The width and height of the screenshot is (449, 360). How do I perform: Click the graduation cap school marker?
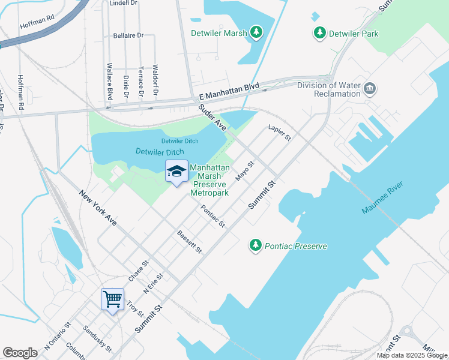point(176,172)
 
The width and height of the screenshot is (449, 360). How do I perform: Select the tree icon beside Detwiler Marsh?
point(257,32)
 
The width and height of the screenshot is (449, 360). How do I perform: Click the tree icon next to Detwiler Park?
point(319,33)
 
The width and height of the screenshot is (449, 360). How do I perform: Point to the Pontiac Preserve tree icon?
point(256,245)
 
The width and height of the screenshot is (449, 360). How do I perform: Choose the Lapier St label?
point(280,133)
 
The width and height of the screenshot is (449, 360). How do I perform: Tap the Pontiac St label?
point(213,217)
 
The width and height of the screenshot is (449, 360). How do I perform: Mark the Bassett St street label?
point(189,242)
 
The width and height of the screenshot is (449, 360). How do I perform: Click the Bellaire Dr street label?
point(128,35)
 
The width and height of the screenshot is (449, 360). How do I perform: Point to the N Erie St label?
point(153,283)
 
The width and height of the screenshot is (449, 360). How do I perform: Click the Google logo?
point(20,352)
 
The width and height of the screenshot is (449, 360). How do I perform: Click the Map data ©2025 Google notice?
point(411,355)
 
